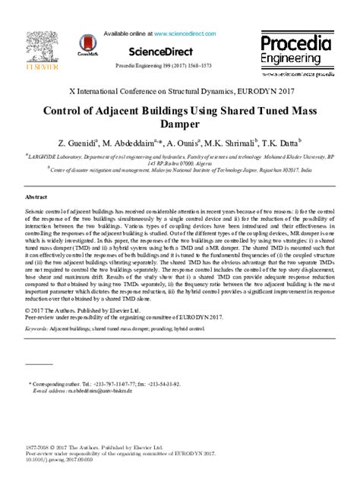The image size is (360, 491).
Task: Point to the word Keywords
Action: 36,330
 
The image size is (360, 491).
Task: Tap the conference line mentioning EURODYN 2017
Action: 180,90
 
